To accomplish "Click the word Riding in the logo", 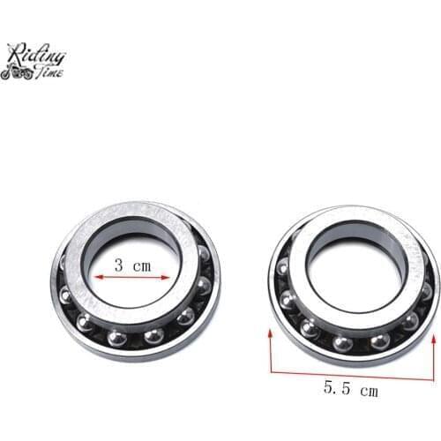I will click(37, 54).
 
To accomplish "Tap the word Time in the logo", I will click(49, 73).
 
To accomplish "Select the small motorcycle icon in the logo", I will click(16, 73).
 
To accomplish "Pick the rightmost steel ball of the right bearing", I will click(427, 291).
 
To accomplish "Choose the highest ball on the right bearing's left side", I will click(282, 269).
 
